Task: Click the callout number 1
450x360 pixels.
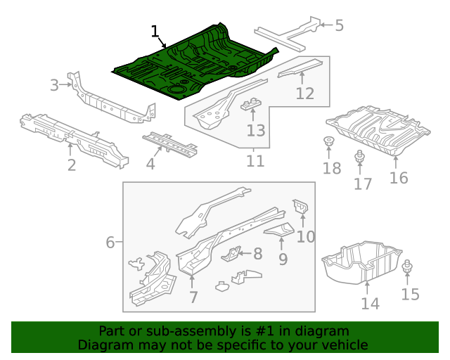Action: [155, 31]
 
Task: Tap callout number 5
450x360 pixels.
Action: [339, 26]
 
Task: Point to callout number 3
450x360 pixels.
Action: [55, 86]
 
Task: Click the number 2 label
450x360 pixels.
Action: [72, 165]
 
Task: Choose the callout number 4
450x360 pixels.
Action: [150, 165]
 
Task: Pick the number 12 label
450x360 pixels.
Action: [304, 93]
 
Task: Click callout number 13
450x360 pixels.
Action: [256, 130]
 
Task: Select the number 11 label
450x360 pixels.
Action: [255, 161]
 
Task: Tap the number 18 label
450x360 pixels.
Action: [331, 168]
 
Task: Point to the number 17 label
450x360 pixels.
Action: [363, 184]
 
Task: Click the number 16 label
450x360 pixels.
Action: [399, 177]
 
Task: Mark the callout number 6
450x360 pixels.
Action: [110, 243]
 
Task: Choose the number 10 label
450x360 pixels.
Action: [306, 236]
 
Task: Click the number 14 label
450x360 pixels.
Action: [370, 303]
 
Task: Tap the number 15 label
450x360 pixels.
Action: [410, 295]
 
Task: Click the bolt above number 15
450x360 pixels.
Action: [409, 268]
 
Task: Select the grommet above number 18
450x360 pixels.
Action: [328, 141]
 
